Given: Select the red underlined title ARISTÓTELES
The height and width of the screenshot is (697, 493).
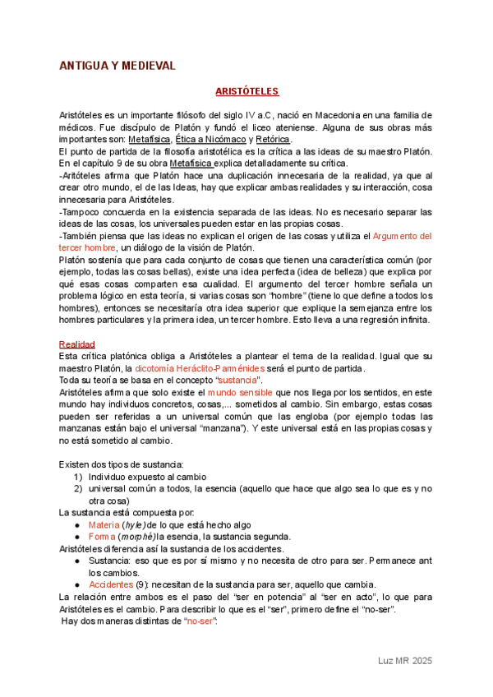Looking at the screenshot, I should pyautogui.click(x=246, y=91).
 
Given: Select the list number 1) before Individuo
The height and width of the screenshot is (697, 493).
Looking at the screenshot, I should pyautogui.click(x=77, y=477).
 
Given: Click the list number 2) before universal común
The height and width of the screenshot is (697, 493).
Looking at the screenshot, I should pyautogui.click(x=77, y=488).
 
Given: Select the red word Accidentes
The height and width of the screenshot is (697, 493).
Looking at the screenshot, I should pyautogui.click(x=113, y=584).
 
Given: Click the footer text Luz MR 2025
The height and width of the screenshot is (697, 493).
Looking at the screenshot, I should pyautogui.click(x=404, y=661).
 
